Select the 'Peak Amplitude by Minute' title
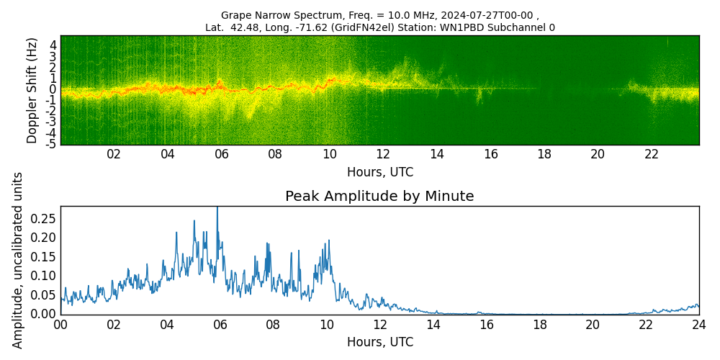379,197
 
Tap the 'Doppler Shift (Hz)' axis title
32,90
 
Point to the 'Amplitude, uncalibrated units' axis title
18,260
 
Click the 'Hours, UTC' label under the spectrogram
379,172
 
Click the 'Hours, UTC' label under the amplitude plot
379,342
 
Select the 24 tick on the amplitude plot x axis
698,325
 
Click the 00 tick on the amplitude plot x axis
60,325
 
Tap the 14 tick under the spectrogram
437,154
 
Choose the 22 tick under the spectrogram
652,154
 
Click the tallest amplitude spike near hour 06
217,209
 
